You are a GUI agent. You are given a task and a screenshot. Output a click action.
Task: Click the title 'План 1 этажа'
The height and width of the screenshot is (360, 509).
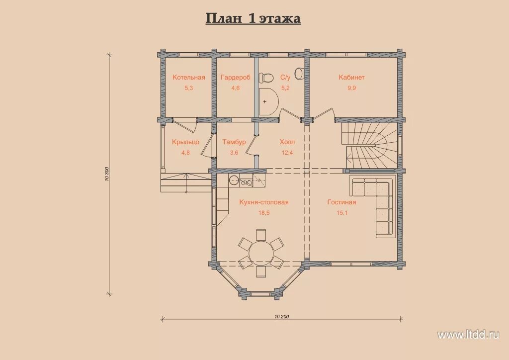click(x=253, y=18)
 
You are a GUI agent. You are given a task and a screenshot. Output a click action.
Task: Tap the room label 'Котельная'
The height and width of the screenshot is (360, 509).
click(x=188, y=77)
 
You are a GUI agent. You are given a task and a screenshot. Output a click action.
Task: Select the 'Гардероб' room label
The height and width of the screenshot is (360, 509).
click(x=235, y=77)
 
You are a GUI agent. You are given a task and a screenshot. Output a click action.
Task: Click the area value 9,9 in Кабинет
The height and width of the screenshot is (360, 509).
click(x=351, y=88)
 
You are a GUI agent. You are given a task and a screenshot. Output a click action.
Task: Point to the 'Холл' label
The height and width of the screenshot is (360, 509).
click(x=287, y=142)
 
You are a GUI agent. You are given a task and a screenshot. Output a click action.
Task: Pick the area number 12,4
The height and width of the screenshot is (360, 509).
click(x=287, y=153)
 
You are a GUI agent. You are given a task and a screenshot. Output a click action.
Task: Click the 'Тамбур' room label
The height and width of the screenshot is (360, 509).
click(x=234, y=142)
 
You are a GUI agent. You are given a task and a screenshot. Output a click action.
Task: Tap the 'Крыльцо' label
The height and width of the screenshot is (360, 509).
click(x=185, y=142)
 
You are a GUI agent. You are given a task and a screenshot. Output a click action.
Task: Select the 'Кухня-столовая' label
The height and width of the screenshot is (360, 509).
click(x=264, y=202)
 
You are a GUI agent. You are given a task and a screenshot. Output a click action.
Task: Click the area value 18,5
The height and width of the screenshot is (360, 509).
click(x=264, y=213)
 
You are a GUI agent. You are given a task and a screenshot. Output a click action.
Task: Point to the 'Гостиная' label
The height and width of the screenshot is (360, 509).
click(x=342, y=202)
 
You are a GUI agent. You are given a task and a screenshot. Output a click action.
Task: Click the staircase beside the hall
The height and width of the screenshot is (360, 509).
click(x=369, y=145)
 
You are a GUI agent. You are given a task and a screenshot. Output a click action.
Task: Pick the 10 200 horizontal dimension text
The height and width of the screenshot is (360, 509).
click(x=282, y=317)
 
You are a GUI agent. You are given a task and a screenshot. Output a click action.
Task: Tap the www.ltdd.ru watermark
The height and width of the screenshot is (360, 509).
click(x=468, y=335)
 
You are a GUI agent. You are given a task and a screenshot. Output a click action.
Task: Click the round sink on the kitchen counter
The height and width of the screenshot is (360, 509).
click(x=234, y=180)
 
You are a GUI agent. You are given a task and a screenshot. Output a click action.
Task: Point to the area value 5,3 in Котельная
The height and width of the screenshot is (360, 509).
click(x=188, y=88)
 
